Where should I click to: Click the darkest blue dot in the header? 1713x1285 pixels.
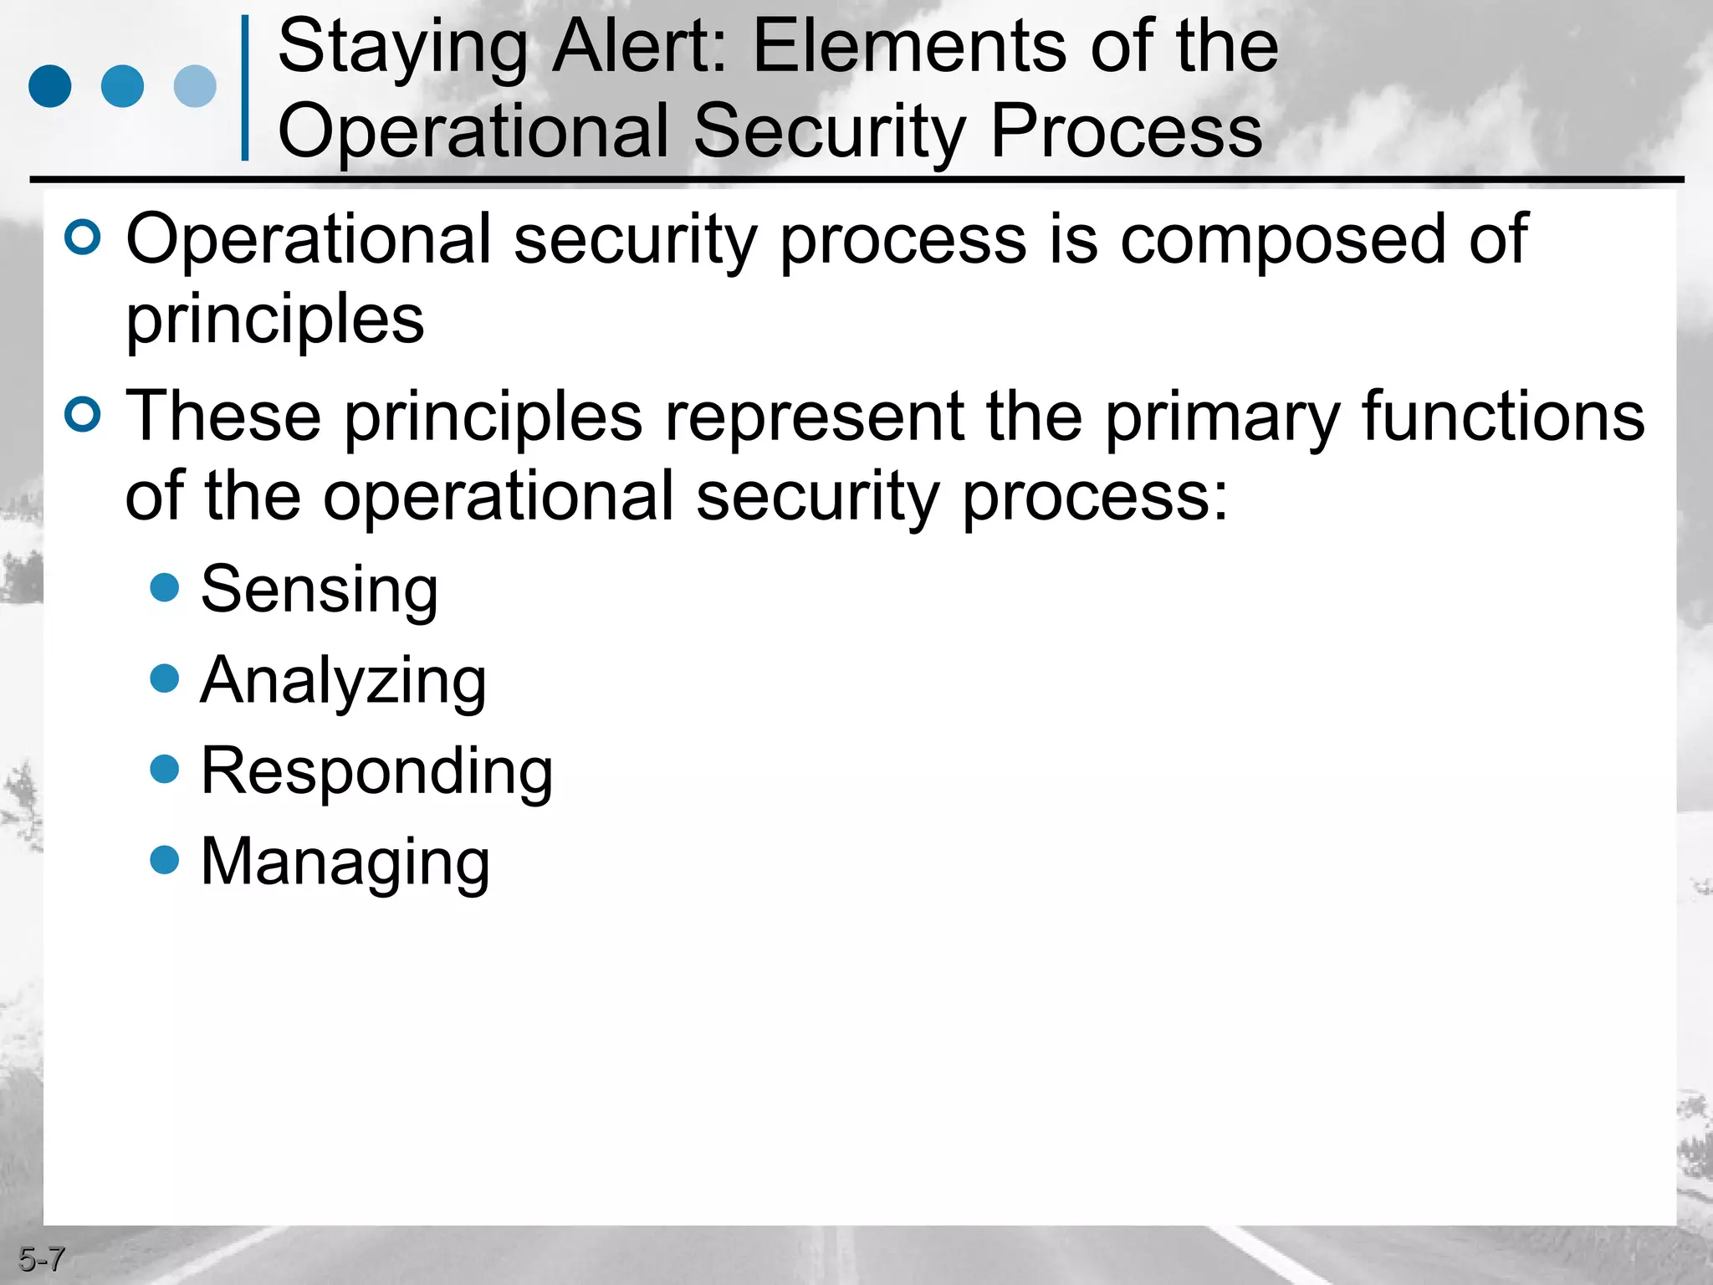point(50,86)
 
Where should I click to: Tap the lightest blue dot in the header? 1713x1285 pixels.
point(195,86)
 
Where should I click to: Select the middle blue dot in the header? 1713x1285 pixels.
point(122,86)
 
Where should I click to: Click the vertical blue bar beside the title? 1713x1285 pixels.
point(245,88)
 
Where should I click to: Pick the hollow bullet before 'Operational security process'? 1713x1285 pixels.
point(83,238)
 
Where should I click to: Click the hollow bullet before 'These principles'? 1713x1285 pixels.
point(83,414)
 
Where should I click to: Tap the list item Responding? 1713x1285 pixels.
point(376,772)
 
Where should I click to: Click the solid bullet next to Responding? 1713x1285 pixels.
point(165,769)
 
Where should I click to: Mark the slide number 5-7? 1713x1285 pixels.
point(41,1259)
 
